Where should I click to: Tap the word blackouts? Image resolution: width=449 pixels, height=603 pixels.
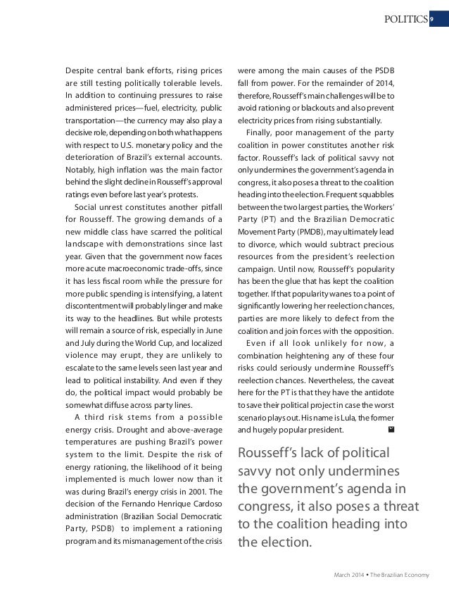pos(307,108)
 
